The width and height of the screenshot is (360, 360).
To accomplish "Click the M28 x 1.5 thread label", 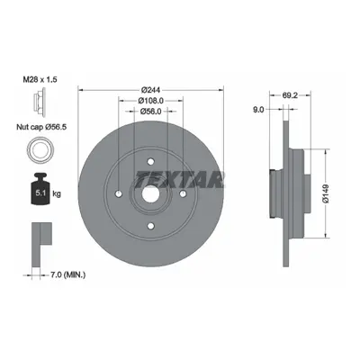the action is [x=40, y=80].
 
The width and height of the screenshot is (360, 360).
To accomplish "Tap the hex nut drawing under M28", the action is [x=40, y=103].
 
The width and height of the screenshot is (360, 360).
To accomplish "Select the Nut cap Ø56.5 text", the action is [x=41, y=127].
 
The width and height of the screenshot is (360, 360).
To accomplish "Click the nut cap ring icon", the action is [x=40, y=149].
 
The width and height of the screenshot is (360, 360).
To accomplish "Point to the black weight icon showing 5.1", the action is [x=40, y=189].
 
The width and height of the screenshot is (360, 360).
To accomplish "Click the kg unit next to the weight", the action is [x=57, y=193].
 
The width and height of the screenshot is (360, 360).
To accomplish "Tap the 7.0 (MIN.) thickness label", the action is [x=67, y=274].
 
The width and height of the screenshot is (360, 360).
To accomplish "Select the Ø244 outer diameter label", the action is [x=151, y=90].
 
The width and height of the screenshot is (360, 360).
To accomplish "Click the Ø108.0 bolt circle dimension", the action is [x=151, y=101].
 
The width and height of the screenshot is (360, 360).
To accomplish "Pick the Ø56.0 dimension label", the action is [x=151, y=112].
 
